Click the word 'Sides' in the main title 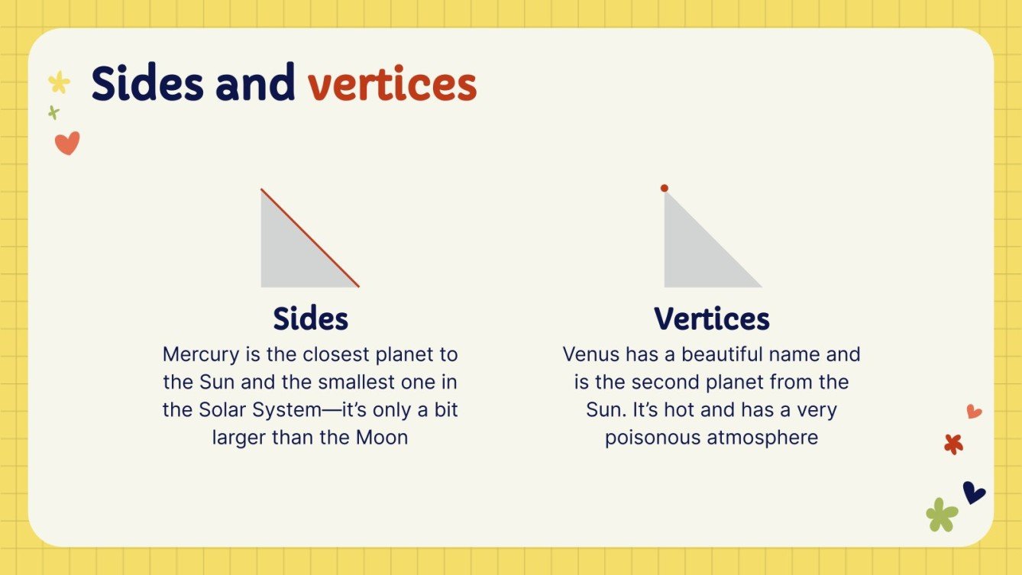(x=147, y=84)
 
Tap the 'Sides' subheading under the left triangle (x=310, y=318)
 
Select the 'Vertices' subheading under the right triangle (x=711, y=318)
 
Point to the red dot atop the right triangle (x=665, y=188)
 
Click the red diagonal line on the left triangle (x=310, y=238)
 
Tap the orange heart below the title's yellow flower (x=67, y=143)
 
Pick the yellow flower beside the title (x=59, y=82)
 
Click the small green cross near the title (x=53, y=113)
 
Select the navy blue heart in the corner (x=973, y=492)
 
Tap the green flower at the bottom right (x=942, y=515)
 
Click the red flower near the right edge (x=953, y=444)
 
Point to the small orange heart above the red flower (x=974, y=412)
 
